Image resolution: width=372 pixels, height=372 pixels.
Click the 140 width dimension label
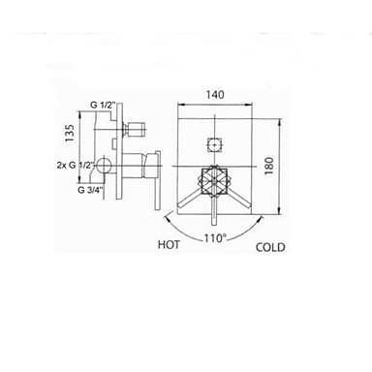[215, 95]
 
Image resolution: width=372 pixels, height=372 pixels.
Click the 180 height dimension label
[268, 166]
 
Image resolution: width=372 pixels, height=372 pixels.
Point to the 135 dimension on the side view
[70, 133]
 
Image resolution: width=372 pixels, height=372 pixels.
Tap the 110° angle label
[214, 238]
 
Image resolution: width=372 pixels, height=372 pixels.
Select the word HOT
[169, 245]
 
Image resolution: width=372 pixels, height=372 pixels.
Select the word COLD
[270, 247]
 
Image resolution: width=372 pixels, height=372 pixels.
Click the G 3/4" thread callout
[91, 190]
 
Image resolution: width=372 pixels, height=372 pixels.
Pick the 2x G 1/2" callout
[76, 165]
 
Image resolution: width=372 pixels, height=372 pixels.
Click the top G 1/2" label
[103, 105]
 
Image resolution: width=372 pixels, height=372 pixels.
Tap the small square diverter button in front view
[214, 144]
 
